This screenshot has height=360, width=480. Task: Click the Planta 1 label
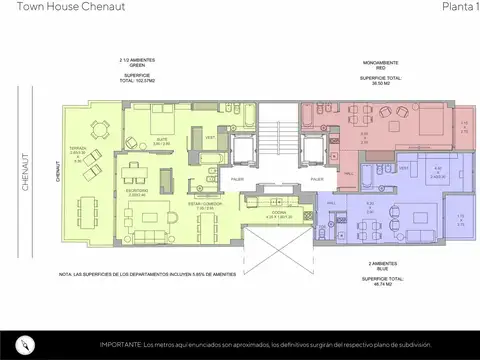[x=458, y=8]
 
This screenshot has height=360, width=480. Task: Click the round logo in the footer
[x=30, y=343]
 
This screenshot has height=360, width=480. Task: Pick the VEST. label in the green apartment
[x=210, y=137]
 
